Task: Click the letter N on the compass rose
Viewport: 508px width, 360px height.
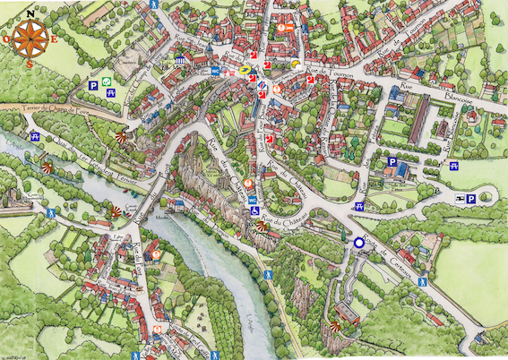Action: tap(30, 13)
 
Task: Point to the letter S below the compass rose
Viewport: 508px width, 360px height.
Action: tap(30, 64)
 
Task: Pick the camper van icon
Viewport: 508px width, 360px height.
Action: tap(459, 199)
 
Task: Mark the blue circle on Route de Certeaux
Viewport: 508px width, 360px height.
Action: tap(358, 242)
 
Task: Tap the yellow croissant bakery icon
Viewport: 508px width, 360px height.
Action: tap(295, 64)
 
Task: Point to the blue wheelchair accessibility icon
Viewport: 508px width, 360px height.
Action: tap(255, 210)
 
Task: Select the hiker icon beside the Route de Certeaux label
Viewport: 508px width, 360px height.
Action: tap(422, 280)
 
